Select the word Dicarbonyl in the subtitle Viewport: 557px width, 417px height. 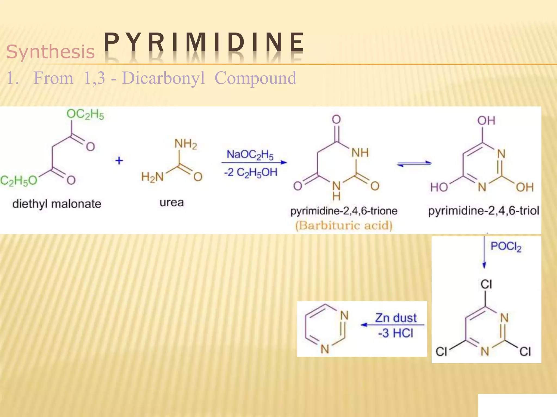pyautogui.click(x=163, y=78)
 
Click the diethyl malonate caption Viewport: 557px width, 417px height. pyautogui.click(x=57, y=204)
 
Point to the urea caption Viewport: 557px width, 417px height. pyautogui.click(x=172, y=203)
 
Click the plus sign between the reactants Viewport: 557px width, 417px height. pyautogui.click(x=119, y=161)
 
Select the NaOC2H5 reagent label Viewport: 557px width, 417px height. pyautogui.click(x=250, y=155)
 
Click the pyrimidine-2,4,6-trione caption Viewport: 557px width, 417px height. pyautogui.click(x=344, y=211)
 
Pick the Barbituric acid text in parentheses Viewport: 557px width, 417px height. pyautogui.click(x=344, y=225)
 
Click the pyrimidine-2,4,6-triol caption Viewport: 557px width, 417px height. pyautogui.click(x=484, y=211)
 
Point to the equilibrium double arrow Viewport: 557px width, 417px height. pyautogui.click(x=414, y=163)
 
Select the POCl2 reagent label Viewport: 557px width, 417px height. pyautogui.click(x=506, y=247)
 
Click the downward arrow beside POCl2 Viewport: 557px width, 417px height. pyautogui.click(x=484, y=252)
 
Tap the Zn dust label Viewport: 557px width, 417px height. pyautogui.click(x=396, y=318)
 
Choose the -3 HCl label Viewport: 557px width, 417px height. pyautogui.click(x=396, y=333)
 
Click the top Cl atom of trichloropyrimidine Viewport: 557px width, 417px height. pyautogui.click(x=486, y=285)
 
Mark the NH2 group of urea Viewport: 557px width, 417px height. pyautogui.click(x=186, y=144)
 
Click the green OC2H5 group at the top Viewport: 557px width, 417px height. pyautogui.click(x=85, y=114)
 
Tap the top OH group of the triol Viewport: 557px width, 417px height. pyautogui.click(x=486, y=121)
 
